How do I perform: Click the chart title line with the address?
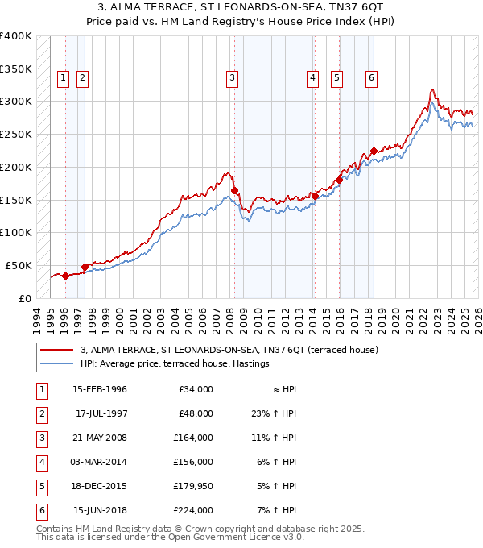tap(242, 6)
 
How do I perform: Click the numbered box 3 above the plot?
tap(232, 78)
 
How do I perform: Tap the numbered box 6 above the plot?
tap(371, 78)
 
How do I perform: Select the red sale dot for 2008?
tap(234, 190)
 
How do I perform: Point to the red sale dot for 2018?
tap(374, 151)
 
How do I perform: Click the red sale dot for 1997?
tap(85, 266)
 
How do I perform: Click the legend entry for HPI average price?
tap(175, 364)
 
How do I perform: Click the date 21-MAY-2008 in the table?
tap(99, 438)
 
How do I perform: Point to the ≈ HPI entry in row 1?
tap(284, 390)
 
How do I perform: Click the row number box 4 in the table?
tap(40, 463)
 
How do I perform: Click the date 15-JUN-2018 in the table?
tap(99, 510)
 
